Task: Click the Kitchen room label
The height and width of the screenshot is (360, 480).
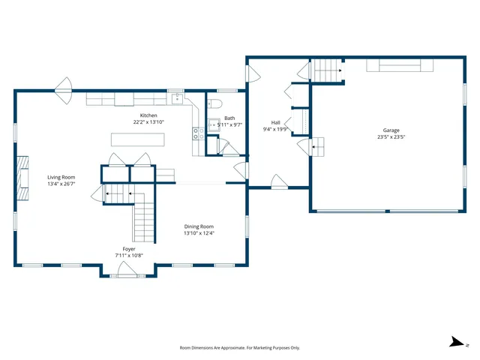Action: [x=148, y=115]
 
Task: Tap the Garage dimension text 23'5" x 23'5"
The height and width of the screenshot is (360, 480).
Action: [x=390, y=137]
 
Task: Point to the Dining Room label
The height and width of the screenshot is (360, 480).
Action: [x=199, y=226]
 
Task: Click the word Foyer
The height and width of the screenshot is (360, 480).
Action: [x=129, y=248]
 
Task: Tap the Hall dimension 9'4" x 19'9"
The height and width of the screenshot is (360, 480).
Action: [x=275, y=129]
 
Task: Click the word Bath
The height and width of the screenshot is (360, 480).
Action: [x=229, y=118]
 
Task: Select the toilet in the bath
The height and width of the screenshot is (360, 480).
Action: [x=214, y=103]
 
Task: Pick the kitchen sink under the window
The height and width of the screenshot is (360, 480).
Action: [x=177, y=98]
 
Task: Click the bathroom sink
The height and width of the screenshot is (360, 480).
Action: [x=214, y=125]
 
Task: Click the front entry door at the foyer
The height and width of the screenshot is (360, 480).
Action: [x=124, y=272]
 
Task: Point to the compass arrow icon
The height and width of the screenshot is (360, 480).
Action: [x=457, y=342]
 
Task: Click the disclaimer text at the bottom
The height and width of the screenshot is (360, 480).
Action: [x=239, y=348]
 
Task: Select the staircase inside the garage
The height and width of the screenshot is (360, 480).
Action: [x=328, y=70]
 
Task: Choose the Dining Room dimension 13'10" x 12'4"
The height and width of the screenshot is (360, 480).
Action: [x=199, y=233]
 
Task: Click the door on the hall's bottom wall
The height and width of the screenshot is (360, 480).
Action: [x=278, y=182]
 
